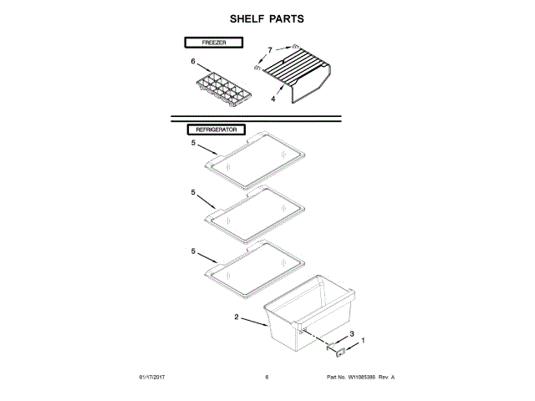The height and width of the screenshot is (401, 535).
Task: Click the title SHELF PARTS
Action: [267, 18]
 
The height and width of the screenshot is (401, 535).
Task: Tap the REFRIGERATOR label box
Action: [216, 130]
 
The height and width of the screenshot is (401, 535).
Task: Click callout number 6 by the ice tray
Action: [192, 62]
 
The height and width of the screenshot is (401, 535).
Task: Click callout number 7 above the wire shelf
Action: [270, 49]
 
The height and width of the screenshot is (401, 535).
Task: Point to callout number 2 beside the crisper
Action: [237, 317]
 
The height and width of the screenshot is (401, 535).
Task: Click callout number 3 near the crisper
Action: [351, 334]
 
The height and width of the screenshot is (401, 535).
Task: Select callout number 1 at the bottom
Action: [362, 343]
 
